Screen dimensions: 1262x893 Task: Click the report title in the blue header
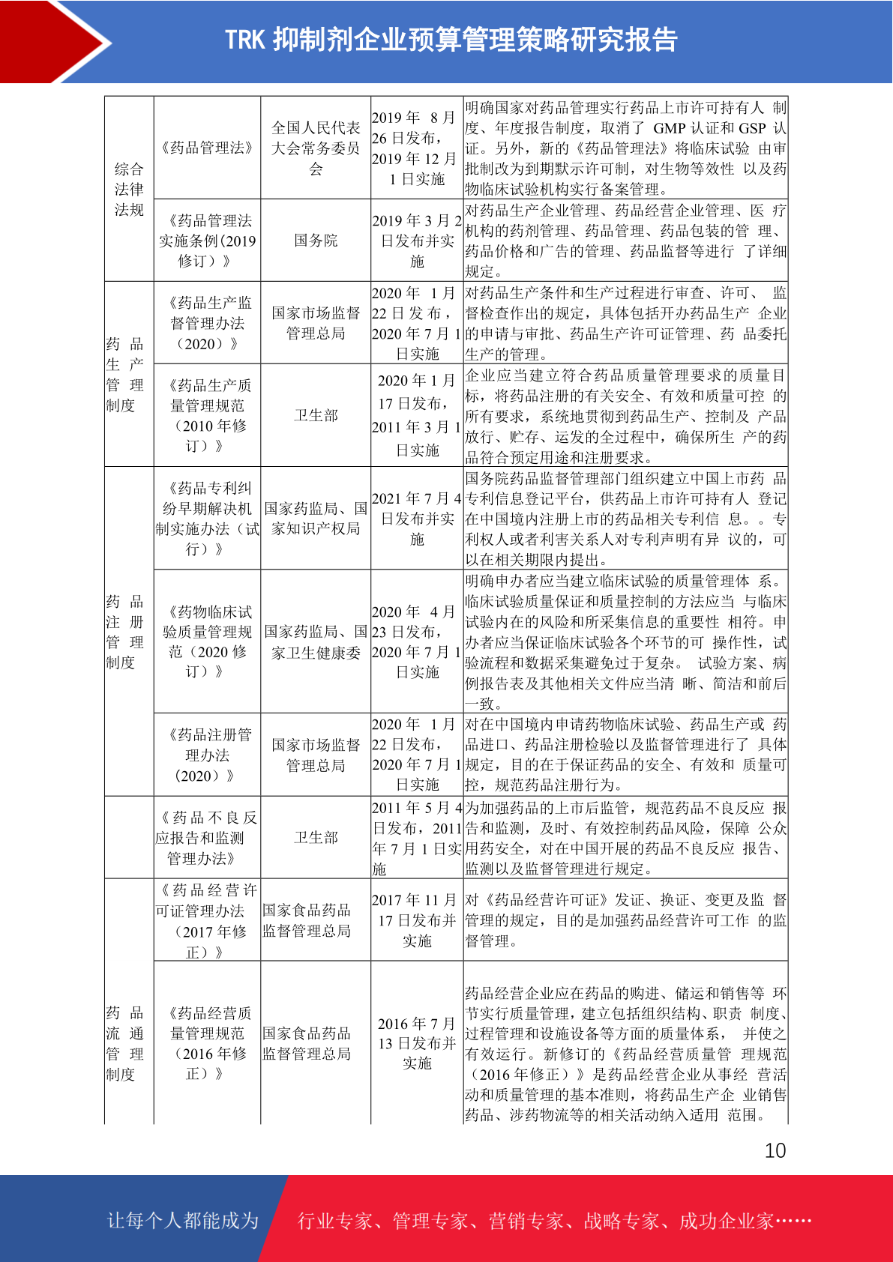pyautogui.click(x=451, y=40)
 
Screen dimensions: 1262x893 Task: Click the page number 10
pyautogui.click(x=775, y=1150)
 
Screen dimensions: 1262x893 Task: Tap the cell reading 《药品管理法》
pyautogui.click(x=207, y=148)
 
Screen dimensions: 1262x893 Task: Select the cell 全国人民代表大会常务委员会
pyautogui.click(x=316, y=148)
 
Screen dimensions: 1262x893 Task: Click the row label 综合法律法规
pyautogui.click(x=129, y=189)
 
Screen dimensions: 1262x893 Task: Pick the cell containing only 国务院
pyautogui.click(x=316, y=241)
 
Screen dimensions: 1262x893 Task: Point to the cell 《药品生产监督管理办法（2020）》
pyautogui.click(x=207, y=323)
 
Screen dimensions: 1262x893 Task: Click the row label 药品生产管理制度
pyautogui.click(x=124, y=375)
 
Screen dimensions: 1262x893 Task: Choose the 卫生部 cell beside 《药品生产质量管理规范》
pyautogui.click(x=316, y=415)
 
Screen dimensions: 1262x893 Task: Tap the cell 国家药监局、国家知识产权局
pyautogui.click(x=316, y=519)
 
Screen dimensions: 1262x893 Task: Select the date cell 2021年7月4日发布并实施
pyautogui.click(x=417, y=519)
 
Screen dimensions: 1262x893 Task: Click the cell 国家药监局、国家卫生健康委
pyautogui.click(x=316, y=642)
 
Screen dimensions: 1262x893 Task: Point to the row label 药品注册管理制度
pyautogui.click(x=124, y=632)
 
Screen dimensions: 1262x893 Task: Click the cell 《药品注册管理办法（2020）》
pyautogui.click(x=207, y=755)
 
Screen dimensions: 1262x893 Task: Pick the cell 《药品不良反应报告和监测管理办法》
pyautogui.click(x=207, y=838)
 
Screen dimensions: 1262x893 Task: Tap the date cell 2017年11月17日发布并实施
pyautogui.click(x=417, y=920)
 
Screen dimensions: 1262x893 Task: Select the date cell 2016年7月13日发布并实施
pyautogui.click(x=417, y=1043)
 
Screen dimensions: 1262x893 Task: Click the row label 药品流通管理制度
pyautogui.click(x=124, y=1043)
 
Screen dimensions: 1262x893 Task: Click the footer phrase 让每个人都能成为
pyautogui.click(x=183, y=1221)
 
